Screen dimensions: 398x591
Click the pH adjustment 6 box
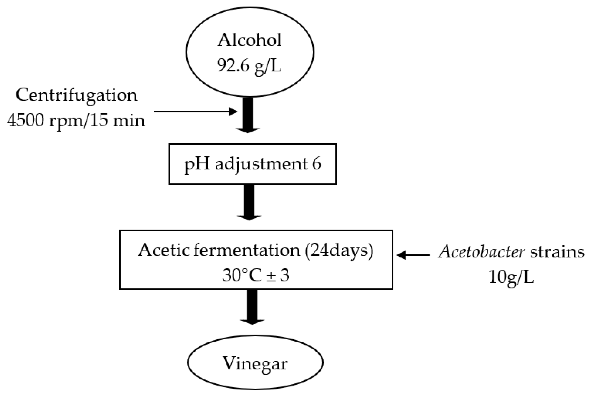pos(252,164)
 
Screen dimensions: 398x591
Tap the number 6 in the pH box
pos(316,164)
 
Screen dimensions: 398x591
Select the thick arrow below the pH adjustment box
pos(249,202)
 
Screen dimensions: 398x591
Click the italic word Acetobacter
pos(481,252)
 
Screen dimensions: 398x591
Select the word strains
pos(557,252)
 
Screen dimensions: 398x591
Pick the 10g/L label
pos(511,277)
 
